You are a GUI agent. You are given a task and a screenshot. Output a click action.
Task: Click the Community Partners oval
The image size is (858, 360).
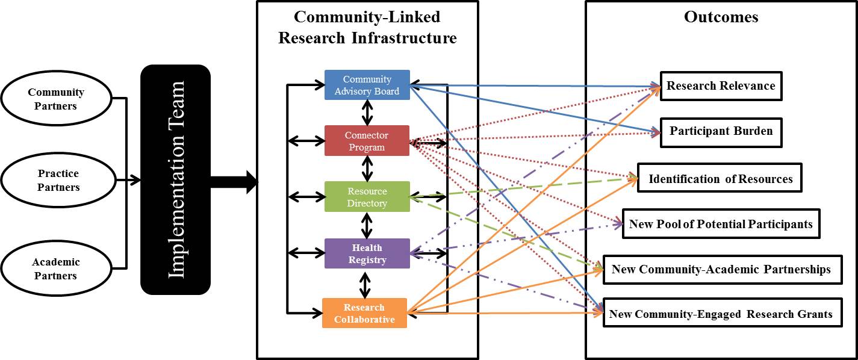56,99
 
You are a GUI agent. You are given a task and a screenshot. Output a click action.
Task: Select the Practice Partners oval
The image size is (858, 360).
58,180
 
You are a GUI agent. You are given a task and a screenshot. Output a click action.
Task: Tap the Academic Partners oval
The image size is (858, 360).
56,269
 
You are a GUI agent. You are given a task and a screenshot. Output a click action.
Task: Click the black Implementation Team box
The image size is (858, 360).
175,179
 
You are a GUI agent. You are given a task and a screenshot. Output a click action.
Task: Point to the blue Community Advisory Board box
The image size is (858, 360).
367,85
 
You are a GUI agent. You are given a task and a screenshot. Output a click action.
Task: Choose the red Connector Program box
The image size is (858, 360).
367,141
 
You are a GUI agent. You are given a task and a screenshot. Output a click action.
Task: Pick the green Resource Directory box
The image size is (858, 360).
367,197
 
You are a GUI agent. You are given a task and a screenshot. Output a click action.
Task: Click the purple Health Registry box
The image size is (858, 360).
367,253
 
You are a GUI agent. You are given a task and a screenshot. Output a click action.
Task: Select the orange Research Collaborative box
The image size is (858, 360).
364,313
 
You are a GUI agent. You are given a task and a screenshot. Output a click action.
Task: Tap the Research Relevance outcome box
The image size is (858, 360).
721,86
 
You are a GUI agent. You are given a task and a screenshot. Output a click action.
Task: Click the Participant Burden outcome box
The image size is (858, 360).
721,131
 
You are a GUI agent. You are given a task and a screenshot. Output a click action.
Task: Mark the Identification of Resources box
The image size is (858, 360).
720,179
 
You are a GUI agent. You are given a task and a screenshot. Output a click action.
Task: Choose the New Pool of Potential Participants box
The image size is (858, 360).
720,225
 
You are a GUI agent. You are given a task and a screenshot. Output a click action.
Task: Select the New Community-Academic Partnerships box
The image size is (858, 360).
721,269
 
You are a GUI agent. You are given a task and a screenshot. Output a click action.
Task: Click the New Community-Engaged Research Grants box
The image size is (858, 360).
721,314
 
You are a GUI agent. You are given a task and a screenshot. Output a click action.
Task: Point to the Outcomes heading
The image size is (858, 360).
721,17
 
